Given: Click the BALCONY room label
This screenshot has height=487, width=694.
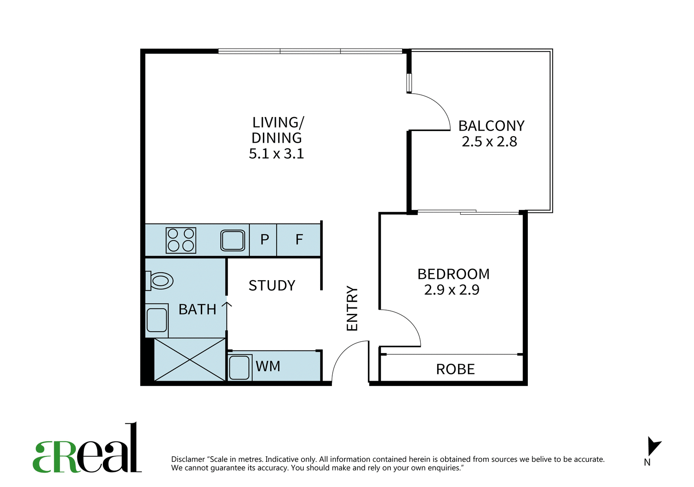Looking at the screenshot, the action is pyautogui.click(x=491, y=126).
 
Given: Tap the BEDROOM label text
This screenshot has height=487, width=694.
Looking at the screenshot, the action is pyautogui.click(x=453, y=274).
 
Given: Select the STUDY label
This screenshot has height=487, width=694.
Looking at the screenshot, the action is pyautogui.click(x=272, y=285).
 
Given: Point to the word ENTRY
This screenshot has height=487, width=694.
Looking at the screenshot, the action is pyautogui.click(x=352, y=308).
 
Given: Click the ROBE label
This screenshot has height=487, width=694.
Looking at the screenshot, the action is pyautogui.click(x=455, y=369).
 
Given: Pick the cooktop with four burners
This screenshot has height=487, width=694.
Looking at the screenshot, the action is pyautogui.click(x=181, y=240).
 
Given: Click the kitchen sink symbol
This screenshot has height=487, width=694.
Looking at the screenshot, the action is pyautogui.click(x=232, y=240).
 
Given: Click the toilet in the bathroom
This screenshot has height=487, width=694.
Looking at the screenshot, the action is pyautogui.click(x=159, y=281).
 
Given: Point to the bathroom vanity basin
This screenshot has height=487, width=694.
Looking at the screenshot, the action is pyautogui.click(x=157, y=320).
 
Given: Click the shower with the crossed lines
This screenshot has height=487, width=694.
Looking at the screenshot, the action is pyautogui.click(x=190, y=360).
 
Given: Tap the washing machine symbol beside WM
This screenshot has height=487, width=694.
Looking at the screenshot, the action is pyautogui.click(x=239, y=367).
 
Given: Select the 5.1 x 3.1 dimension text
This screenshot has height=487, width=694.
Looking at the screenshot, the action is pyautogui.click(x=276, y=154).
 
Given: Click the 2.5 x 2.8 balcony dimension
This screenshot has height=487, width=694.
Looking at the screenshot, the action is pyautogui.click(x=490, y=141).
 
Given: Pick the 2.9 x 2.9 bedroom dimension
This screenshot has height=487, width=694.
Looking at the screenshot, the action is pyautogui.click(x=452, y=290).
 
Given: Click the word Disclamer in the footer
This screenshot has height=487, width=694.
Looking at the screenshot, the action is pyautogui.click(x=188, y=459).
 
